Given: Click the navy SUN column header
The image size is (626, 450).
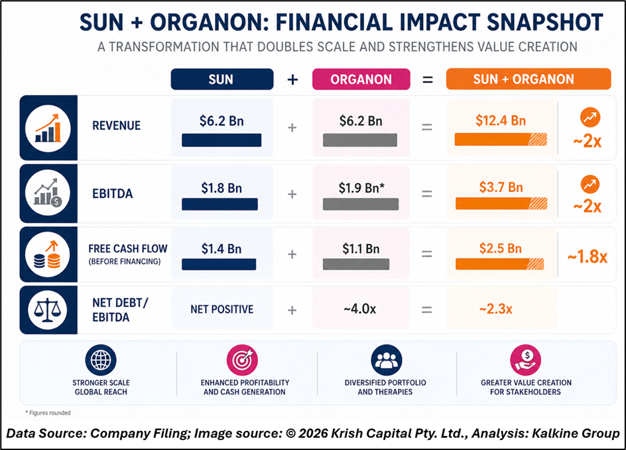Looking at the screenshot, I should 221,79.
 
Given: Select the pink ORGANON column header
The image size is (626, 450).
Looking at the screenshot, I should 361,79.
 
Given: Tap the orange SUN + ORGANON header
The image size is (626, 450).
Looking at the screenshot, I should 528,79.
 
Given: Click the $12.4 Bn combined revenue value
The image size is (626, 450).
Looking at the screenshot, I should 501,121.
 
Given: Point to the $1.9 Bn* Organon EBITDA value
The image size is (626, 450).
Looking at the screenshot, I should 361,188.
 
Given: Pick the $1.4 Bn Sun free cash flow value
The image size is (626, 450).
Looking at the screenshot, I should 221,249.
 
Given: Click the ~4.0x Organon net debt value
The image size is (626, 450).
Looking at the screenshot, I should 361,309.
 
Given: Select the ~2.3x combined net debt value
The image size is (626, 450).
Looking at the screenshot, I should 494,309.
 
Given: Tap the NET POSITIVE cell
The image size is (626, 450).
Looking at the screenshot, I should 221,309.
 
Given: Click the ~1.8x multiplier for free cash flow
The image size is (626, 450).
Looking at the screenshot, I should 587,256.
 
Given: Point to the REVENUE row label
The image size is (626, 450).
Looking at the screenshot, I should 116,126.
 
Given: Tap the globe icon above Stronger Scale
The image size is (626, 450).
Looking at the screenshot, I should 101,361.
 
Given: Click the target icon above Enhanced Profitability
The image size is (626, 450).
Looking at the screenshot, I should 242,361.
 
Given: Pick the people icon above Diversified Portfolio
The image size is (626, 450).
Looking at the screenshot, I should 386,361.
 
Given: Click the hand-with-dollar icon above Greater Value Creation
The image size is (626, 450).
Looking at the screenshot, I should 526,361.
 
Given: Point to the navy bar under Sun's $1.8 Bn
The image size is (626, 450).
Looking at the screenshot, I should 219,204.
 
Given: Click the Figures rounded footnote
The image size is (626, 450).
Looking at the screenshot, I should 48,413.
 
